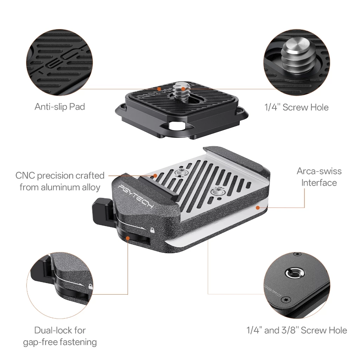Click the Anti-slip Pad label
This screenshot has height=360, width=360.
60,107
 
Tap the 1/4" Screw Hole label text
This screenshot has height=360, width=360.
296,107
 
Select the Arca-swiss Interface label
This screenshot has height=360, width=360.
319,177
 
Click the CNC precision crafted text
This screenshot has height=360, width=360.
60,176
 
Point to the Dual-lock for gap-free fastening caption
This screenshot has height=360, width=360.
60,336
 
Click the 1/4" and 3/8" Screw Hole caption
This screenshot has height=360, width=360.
297,330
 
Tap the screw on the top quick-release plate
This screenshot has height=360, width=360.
180,92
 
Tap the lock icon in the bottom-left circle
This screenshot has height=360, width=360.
91,287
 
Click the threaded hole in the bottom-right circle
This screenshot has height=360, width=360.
294,274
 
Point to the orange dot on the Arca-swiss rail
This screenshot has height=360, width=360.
258,207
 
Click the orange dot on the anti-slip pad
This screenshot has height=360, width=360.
159,88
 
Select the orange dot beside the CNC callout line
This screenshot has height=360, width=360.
155,176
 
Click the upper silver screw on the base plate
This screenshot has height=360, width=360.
180,172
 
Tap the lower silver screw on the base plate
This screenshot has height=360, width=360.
216,191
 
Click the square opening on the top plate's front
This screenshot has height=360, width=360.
176,126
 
